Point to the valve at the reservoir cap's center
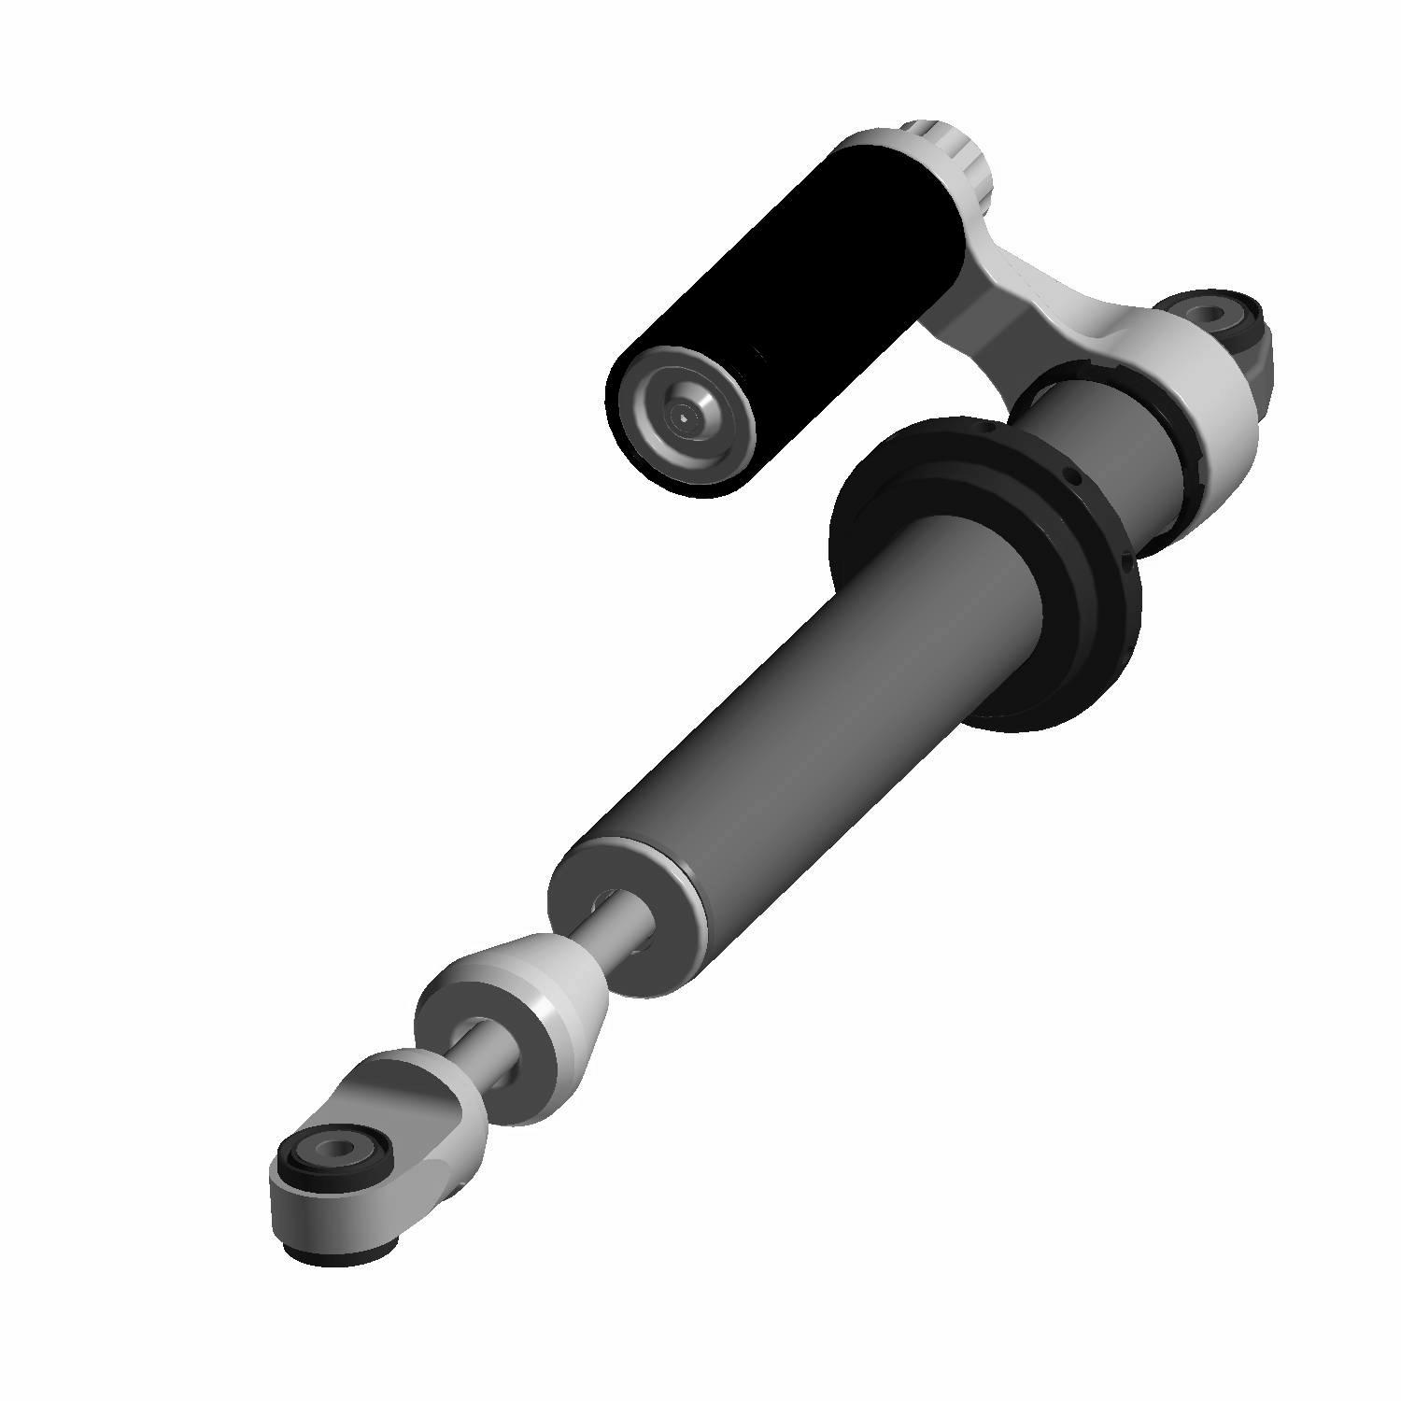click(x=686, y=418)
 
